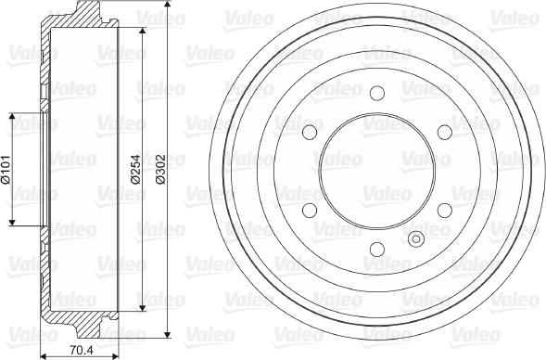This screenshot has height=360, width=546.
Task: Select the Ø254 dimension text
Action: [x=135, y=170]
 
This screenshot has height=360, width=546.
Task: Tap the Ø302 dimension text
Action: [x=160, y=170]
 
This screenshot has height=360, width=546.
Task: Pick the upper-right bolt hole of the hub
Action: [x=445, y=132]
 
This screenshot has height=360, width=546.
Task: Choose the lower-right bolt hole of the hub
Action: [x=445, y=209]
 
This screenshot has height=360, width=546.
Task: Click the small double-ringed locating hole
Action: [x=416, y=239]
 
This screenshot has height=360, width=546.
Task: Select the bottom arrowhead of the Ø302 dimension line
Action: [x=167, y=331]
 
